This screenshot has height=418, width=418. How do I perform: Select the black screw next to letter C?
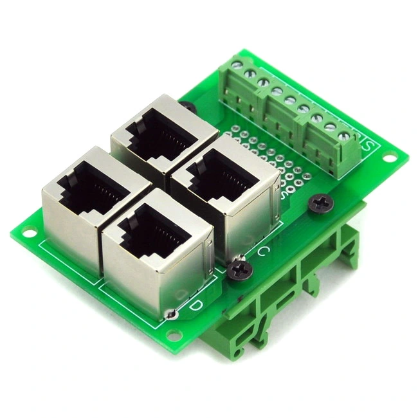241,266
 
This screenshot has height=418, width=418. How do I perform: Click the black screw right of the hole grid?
320,204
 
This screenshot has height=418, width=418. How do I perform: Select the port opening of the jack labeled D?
152,237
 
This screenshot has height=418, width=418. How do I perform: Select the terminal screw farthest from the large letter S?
238,64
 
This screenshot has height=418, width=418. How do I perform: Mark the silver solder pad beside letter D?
171,314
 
